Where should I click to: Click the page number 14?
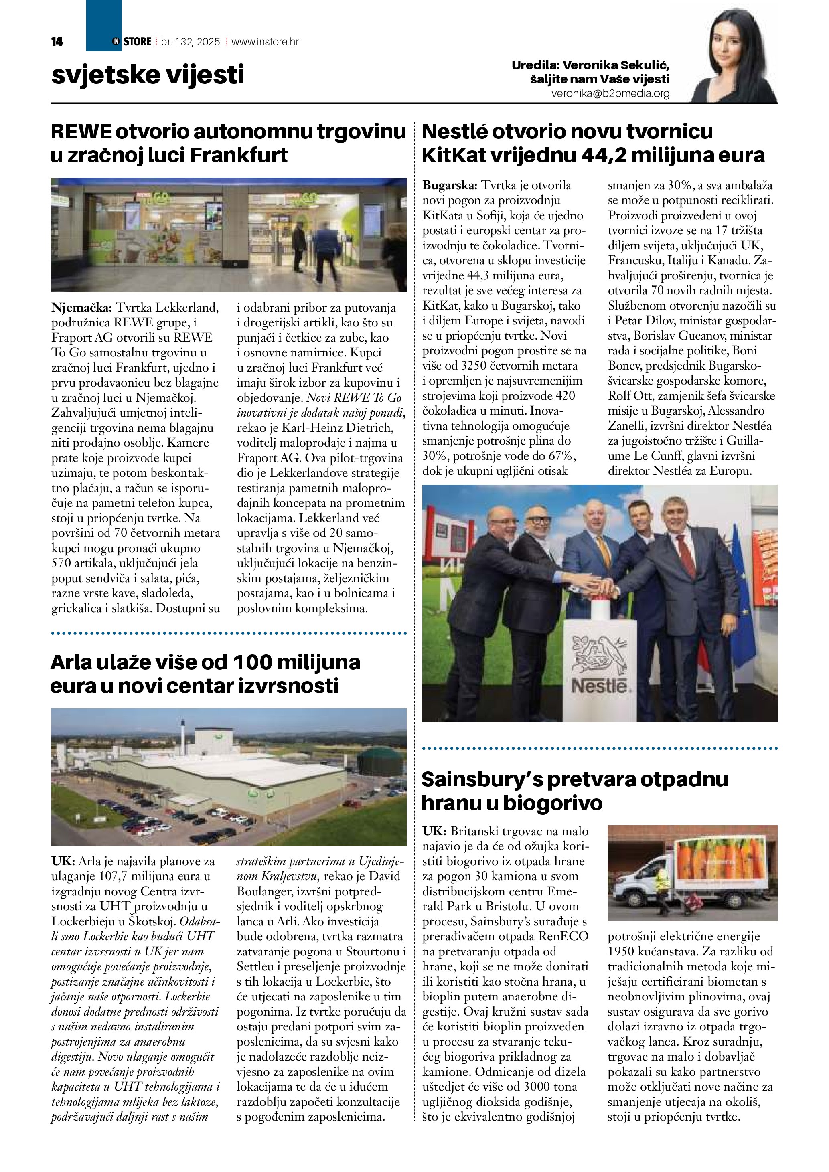57,42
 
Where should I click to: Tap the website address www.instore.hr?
265,42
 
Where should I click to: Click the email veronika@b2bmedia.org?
610,94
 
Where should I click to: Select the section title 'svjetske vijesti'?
148,75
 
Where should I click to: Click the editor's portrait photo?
735,56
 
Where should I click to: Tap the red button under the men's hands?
603,598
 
